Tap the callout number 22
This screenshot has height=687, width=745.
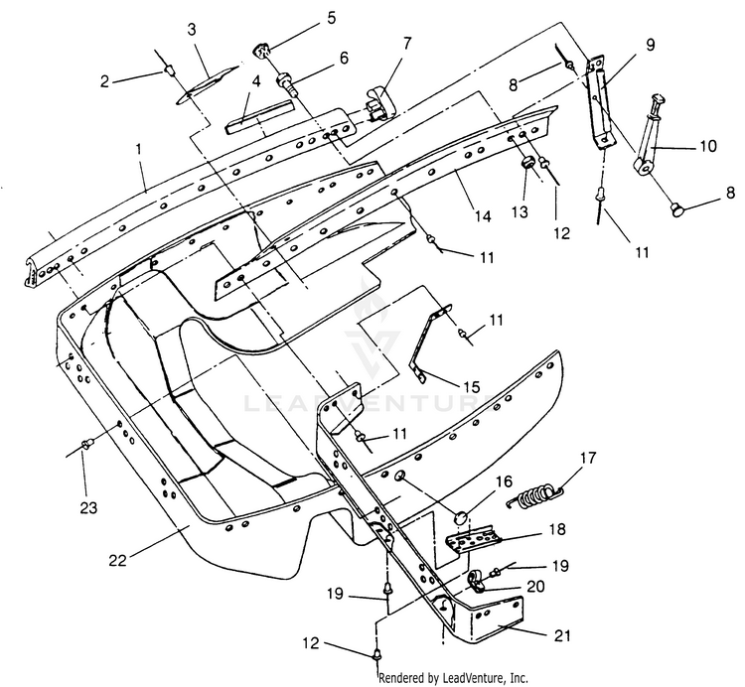117,560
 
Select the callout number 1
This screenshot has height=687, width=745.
139,149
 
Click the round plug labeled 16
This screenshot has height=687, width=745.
460,517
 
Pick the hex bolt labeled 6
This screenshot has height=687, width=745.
286,84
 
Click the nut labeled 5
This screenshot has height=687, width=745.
261,50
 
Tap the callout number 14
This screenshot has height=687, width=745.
482,216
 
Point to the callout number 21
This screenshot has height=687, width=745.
562,635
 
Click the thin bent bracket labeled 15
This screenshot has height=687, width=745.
426,340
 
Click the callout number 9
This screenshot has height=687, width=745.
650,45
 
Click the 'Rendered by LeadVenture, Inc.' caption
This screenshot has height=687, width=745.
454,677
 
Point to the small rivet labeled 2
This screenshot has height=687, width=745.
168,71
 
